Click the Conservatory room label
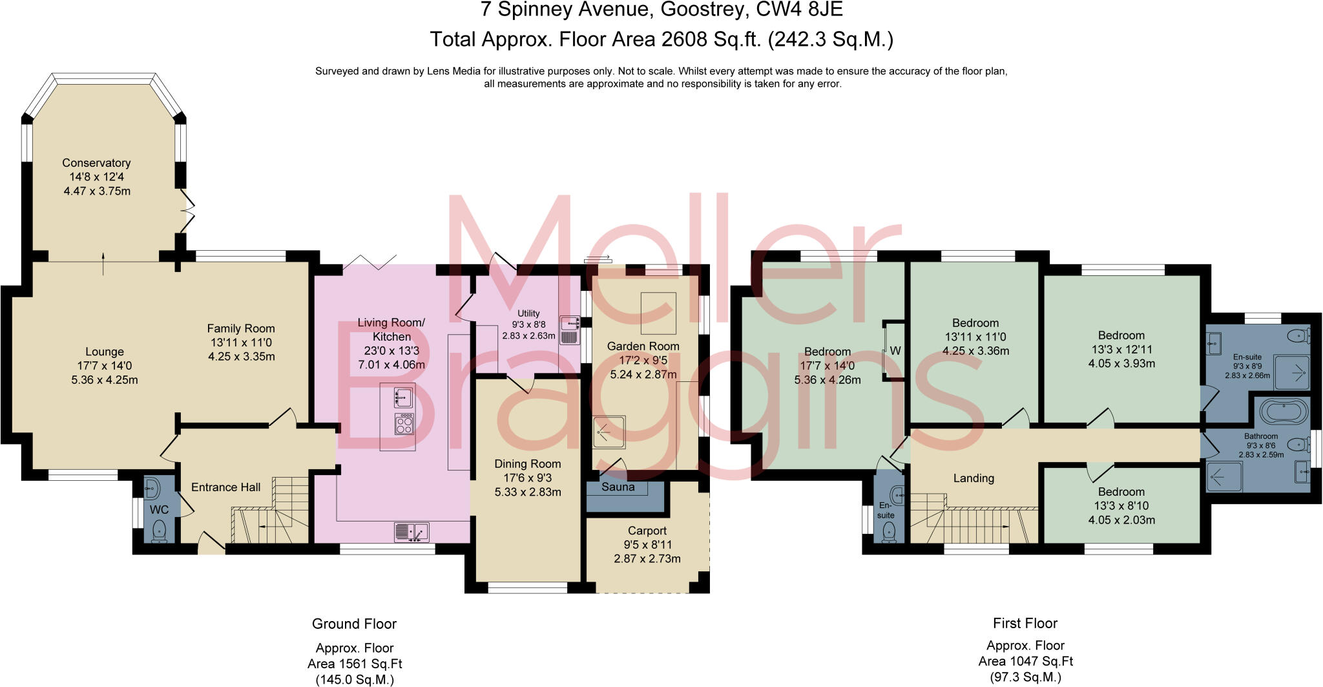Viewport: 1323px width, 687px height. pyautogui.click(x=96, y=163)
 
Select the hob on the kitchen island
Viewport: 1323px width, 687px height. pyautogui.click(x=404, y=424)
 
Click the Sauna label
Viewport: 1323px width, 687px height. pyautogui.click(x=618, y=487)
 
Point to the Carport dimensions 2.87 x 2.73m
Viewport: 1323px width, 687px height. pyautogui.click(x=647, y=558)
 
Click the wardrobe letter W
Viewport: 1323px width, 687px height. pyautogui.click(x=895, y=351)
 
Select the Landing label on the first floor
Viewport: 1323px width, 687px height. pyautogui.click(x=974, y=478)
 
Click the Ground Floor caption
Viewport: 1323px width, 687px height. pyautogui.click(x=354, y=624)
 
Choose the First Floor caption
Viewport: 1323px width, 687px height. pyautogui.click(x=1025, y=623)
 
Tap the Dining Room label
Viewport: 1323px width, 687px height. pyautogui.click(x=527, y=463)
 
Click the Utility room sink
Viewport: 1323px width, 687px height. pyautogui.click(x=569, y=330)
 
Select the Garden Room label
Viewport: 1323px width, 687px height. pyautogui.click(x=643, y=346)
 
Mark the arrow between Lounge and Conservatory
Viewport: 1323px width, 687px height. pyautogui.click(x=104, y=263)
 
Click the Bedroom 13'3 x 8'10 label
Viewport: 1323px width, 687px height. pyautogui.click(x=1121, y=505)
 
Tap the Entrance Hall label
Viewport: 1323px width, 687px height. pyautogui.click(x=225, y=487)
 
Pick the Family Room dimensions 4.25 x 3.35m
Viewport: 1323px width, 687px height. pyautogui.click(x=241, y=356)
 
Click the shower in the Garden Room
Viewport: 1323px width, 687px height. pyautogui.click(x=609, y=432)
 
